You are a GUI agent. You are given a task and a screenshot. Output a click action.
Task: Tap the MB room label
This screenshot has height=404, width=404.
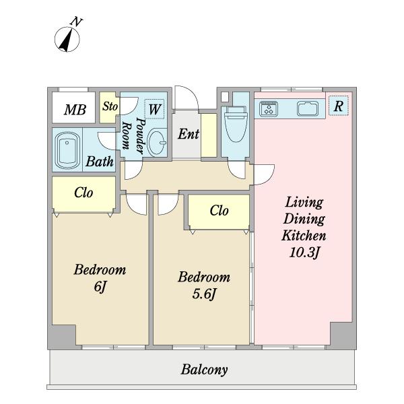tap(75, 110)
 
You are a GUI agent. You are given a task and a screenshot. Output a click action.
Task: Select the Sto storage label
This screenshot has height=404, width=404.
tap(110, 106)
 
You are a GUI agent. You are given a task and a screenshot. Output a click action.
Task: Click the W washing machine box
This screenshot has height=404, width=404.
tap(155, 109)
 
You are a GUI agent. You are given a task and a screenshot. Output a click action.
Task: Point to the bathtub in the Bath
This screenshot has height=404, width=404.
tap(67, 150)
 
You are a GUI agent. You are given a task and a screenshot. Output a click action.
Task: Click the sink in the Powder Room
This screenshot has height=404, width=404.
tap(157, 142)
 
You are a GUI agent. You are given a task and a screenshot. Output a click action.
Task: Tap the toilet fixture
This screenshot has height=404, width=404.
tap(236, 124)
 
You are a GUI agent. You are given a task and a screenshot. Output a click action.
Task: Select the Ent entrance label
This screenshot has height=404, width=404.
tap(189, 134)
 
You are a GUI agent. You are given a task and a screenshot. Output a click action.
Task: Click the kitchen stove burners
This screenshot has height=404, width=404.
tap(269, 108)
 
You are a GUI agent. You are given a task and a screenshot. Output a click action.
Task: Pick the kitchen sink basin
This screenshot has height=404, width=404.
tap(308, 108)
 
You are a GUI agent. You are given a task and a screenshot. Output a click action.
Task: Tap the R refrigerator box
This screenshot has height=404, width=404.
tap(339, 106)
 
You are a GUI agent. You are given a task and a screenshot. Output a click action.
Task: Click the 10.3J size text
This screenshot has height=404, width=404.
tap(304, 252)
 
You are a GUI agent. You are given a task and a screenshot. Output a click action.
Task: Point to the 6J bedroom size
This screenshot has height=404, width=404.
tap(100, 287)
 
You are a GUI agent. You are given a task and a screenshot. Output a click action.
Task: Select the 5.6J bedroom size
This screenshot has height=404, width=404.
tap(204, 294)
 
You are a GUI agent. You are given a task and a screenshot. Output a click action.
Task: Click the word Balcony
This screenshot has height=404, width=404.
tap(204, 370)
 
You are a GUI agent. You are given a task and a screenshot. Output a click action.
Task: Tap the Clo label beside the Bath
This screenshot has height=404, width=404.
tap(83, 193)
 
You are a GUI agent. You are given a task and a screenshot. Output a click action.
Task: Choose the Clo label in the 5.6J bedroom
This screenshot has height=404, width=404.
tap(220, 211)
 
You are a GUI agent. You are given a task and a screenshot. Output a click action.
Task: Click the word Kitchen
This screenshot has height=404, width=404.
tap(304, 236)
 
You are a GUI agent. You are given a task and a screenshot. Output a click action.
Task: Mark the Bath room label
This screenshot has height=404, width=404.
tap(100, 162)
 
